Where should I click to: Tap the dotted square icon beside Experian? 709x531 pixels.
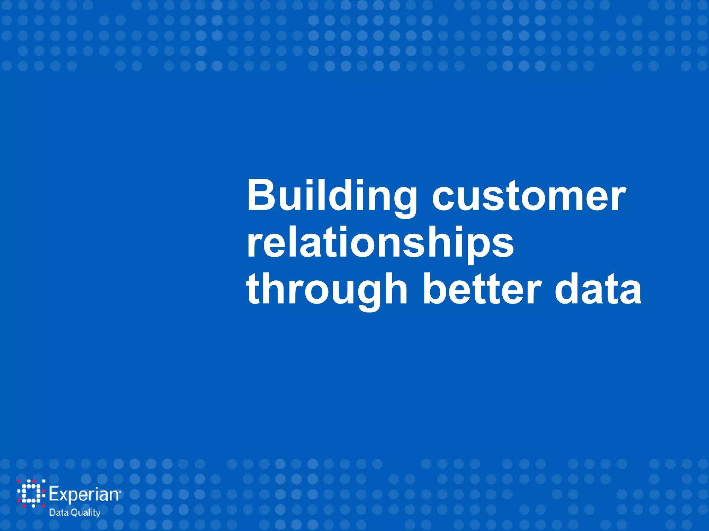(x=31, y=493)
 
